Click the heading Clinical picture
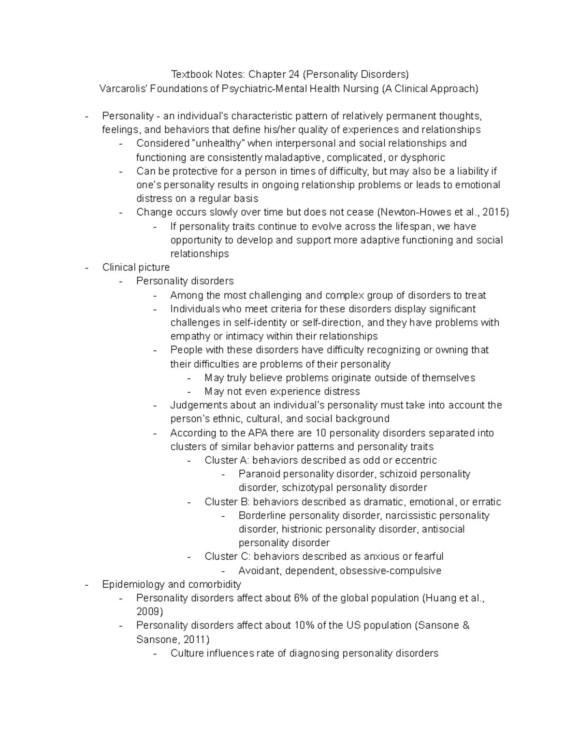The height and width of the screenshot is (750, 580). pyautogui.click(x=136, y=268)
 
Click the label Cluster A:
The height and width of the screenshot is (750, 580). pyautogui.click(x=227, y=460)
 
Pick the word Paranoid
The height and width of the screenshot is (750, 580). pyautogui.click(x=259, y=474)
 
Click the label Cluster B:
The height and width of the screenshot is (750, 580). pyautogui.click(x=227, y=502)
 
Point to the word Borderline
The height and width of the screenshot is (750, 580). pyautogui.click(x=262, y=516)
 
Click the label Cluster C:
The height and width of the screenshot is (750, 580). pyautogui.click(x=227, y=557)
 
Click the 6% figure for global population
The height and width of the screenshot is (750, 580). pyautogui.click(x=299, y=598)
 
